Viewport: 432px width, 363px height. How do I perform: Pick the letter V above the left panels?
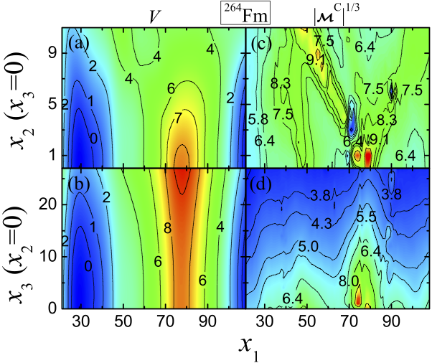[152, 14]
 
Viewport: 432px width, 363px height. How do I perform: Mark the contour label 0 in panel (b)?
[88, 266]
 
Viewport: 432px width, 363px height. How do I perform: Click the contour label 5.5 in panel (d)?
[367, 217]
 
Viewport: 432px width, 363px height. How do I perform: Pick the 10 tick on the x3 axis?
[51, 256]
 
